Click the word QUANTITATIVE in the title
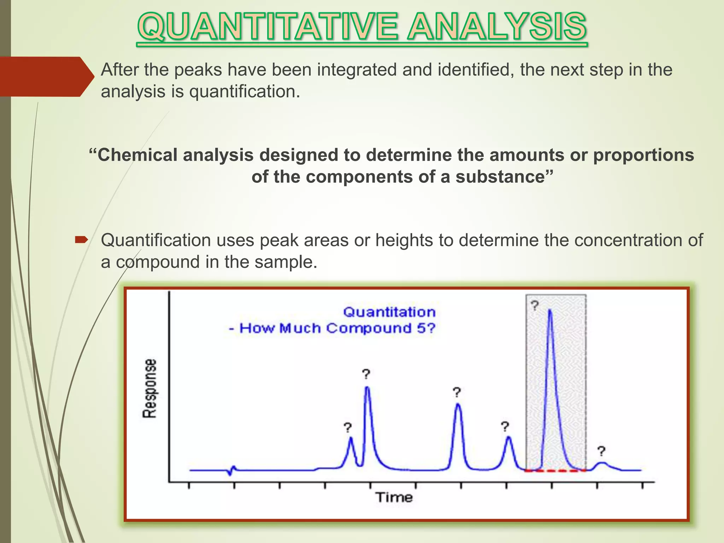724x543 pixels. pyautogui.click(x=269, y=27)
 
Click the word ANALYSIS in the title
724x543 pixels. pyautogui.click(x=496, y=27)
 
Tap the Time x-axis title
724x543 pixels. pyautogui.click(x=394, y=497)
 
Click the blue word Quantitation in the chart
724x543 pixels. pyautogui.click(x=389, y=312)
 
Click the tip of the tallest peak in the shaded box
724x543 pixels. pyautogui.click(x=550, y=310)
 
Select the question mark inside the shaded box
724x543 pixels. pyautogui.click(x=535, y=305)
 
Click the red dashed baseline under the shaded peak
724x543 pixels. pyautogui.click(x=555, y=471)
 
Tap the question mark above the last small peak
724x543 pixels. pyautogui.click(x=601, y=451)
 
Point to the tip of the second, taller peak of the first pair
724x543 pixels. pyautogui.click(x=367, y=387)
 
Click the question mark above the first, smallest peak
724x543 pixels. pyautogui.click(x=348, y=428)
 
